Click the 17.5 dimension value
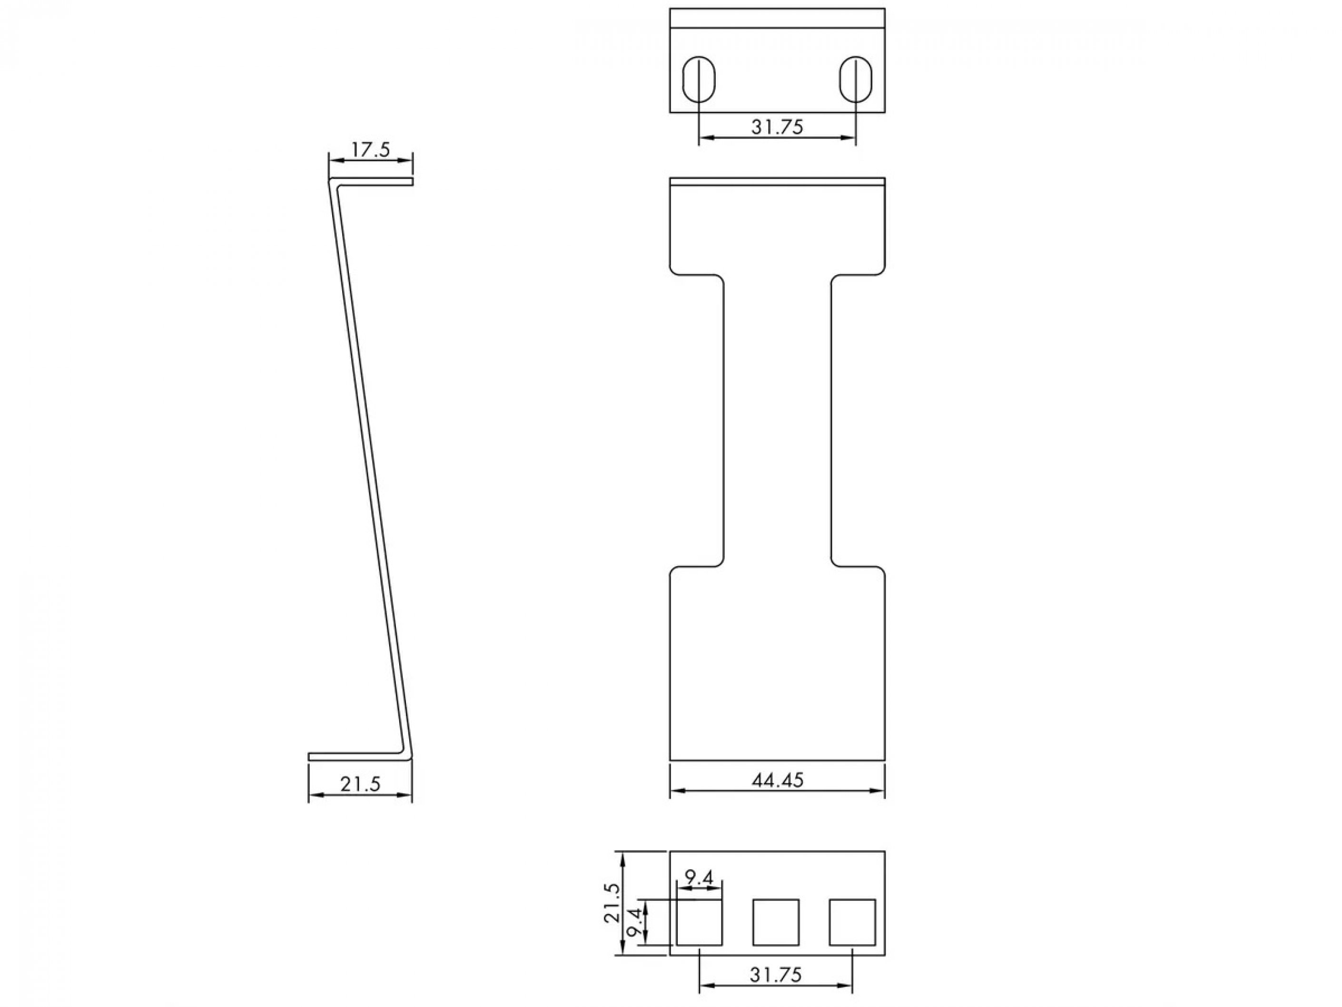370,150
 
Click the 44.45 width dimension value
777,779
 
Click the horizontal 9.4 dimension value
699,877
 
